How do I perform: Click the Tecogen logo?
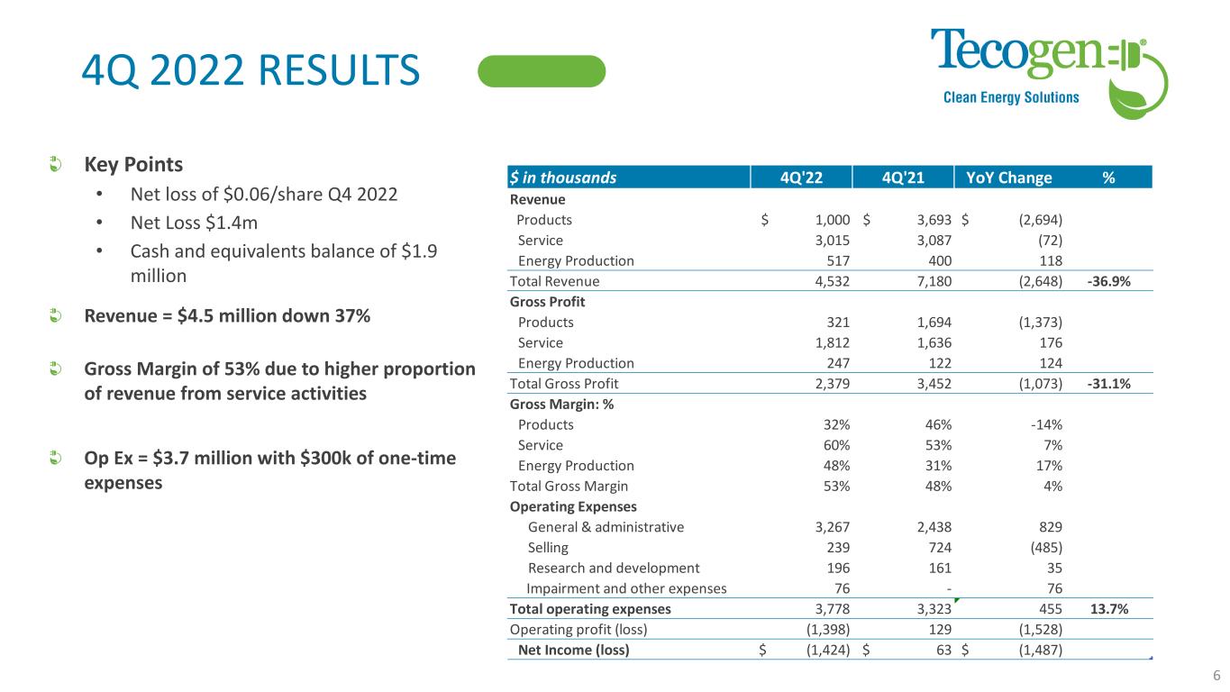tap(1050, 70)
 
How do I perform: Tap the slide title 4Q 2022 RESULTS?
tap(251, 71)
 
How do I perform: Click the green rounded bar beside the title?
tap(542, 71)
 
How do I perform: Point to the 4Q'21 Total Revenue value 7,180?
tap(933, 281)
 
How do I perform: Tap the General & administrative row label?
tap(606, 527)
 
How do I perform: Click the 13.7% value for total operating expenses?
tap(1109, 609)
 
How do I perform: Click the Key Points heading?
tap(133, 165)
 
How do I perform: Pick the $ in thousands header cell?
tap(563, 178)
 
